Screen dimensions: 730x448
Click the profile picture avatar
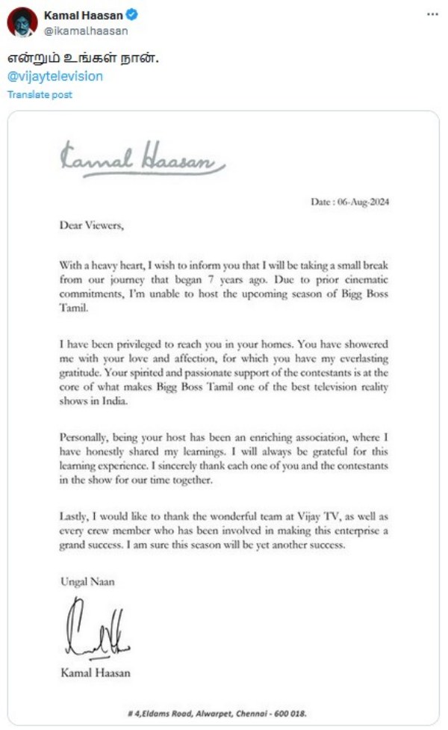pyautogui.click(x=22, y=22)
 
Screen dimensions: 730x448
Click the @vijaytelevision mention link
pyautogui.click(x=55, y=76)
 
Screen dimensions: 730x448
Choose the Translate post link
pyautogui.click(x=40, y=95)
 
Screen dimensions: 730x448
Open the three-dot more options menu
pyautogui.click(x=432, y=15)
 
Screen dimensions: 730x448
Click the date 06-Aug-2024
pyautogui.click(x=350, y=202)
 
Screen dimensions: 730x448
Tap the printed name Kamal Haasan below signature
pyautogui.click(x=95, y=673)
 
